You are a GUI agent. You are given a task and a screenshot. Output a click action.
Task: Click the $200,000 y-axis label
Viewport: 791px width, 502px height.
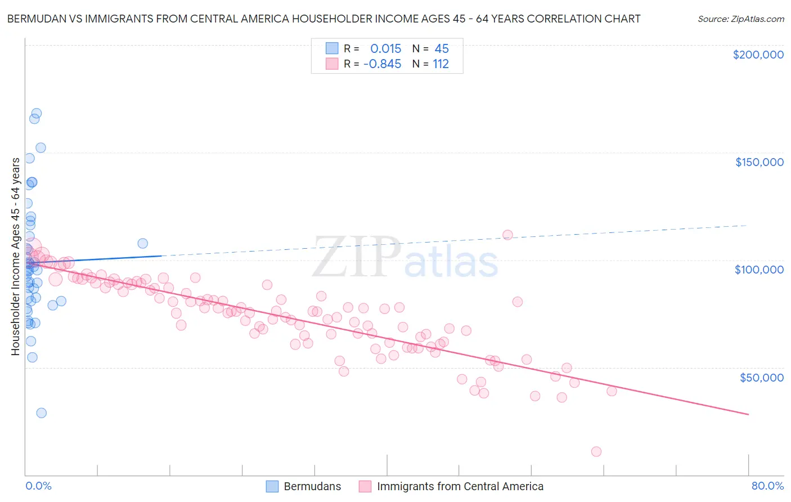tap(758, 55)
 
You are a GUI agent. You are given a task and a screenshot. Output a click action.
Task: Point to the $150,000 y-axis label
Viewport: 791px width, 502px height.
tap(759, 162)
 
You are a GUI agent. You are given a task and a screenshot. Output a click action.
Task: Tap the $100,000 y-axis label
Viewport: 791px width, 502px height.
tap(759, 270)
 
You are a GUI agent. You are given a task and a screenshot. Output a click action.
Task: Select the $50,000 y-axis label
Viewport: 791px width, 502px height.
tap(761, 377)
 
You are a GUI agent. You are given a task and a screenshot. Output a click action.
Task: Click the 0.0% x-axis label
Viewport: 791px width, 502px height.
tap(38, 486)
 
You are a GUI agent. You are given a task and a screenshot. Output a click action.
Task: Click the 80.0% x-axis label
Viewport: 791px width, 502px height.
tap(767, 486)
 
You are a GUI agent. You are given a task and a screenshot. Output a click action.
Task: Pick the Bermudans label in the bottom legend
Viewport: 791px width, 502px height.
tap(312, 486)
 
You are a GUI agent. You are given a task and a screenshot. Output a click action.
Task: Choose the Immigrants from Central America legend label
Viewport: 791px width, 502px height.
tap(460, 486)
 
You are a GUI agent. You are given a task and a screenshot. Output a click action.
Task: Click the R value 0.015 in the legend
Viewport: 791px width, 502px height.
tap(385, 49)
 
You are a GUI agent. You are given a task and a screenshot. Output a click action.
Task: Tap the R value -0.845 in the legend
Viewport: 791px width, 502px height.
tap(383, 64)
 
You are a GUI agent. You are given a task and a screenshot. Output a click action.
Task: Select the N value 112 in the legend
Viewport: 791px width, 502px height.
tap(441, 64)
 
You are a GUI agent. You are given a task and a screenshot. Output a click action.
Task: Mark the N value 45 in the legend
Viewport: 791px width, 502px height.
tap(442, 49)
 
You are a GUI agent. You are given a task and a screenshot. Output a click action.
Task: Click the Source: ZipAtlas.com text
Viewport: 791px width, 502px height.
tap(740, 19)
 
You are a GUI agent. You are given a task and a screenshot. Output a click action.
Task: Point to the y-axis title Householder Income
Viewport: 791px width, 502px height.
tap(16, 256)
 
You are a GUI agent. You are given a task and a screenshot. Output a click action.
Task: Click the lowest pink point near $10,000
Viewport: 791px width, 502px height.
tap(596, 451)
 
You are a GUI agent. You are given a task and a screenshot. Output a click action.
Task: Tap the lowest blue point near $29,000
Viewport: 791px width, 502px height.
tap(41, 413)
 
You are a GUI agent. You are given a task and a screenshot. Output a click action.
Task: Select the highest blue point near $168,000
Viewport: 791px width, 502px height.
tap(37, 113)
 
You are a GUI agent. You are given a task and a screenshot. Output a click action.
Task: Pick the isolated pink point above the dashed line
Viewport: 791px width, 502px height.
tap(507, 235)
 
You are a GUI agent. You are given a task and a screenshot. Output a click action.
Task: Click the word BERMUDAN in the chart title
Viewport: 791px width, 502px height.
tap(35, 19)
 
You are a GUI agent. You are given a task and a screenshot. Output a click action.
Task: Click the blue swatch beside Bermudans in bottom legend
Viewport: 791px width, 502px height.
tap(272, 486)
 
